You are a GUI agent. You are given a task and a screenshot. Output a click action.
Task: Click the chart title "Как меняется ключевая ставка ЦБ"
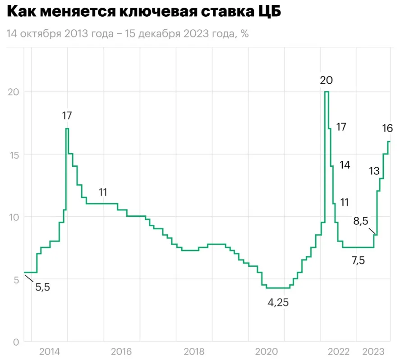coord(144,12)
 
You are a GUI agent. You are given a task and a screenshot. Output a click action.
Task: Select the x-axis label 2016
coord(121,351)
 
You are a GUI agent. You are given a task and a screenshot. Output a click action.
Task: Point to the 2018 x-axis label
coord(194,351)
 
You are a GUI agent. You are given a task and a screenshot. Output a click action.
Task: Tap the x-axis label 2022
coord(338,351)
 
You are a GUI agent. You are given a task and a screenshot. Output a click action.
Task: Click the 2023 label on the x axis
coord(373,351)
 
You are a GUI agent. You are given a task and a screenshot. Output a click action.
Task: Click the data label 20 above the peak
coord(326,81)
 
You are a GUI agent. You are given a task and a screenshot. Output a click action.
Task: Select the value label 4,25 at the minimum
coord(278,303)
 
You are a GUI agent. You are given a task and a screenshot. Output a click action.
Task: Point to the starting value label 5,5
coord(42,287)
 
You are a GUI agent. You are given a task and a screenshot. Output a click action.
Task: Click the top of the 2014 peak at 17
coord(67,129)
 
